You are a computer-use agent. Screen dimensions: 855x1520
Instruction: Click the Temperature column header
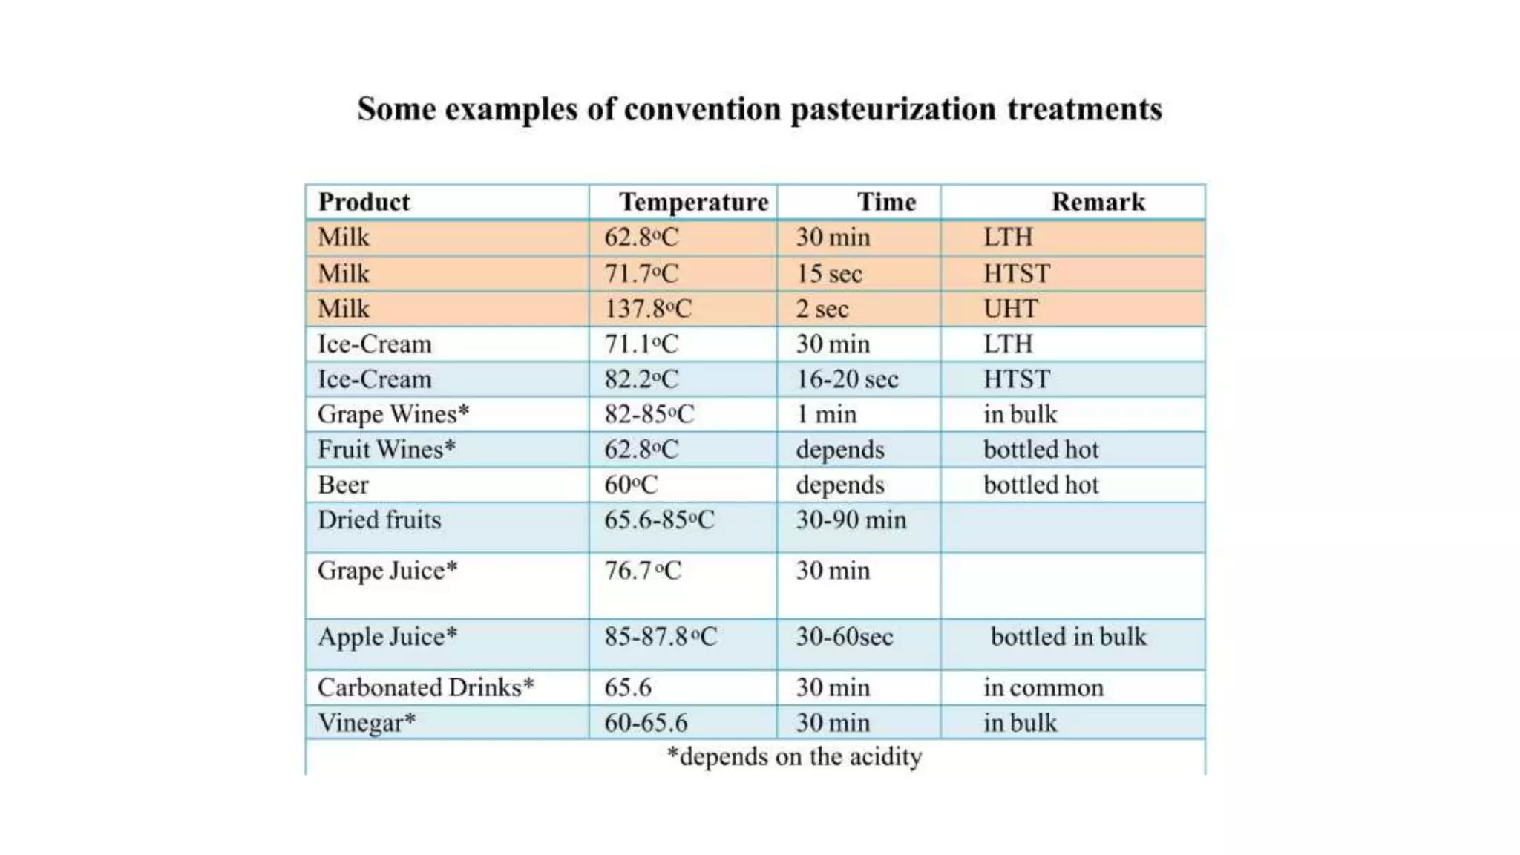[693, 202]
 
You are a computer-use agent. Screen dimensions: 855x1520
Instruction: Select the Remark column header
[1098, 202]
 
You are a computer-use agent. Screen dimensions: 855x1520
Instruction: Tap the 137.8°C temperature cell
[647, 309]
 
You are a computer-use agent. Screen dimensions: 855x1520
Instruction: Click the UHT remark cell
[1010, 309]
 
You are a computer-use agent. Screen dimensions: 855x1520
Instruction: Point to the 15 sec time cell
[829, 274]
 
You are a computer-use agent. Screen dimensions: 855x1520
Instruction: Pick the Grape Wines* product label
[393, 414]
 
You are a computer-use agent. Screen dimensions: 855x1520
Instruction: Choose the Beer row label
[343, 485]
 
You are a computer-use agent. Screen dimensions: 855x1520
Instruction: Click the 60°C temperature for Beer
[631, 485]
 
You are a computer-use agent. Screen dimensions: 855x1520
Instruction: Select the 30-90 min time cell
[851, 520]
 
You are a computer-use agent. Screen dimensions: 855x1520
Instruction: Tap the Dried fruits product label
[379, 520]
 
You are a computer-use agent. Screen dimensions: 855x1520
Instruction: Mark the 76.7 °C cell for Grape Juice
[642, 571]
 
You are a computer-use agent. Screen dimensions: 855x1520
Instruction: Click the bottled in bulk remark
[1068, 637]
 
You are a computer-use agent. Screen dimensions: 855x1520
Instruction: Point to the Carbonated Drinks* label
[425, 687]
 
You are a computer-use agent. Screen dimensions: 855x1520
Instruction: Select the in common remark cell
[1044, 687]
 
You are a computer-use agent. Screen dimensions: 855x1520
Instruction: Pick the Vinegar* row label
[367, 723]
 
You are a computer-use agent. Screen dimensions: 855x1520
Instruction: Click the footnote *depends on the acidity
[794, 756]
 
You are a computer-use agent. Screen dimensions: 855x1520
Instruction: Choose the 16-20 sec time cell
[847, 379]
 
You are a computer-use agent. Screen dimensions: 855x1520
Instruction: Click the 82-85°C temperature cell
[649, 414]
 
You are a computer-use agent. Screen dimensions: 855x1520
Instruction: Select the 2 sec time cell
[822, 309]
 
